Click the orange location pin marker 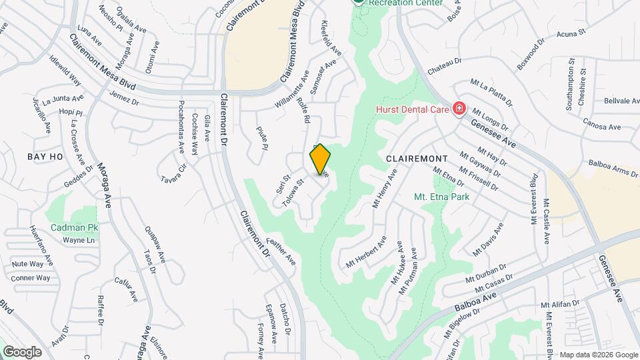(x=320, y=159)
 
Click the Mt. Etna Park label (x=441, y=197)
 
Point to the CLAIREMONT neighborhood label (x=417, y=158)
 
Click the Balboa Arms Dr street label (x=613, y=167)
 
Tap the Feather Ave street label (x=280, y=251)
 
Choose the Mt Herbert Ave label (x=366, y=253)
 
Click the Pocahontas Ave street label (x=181, y=127)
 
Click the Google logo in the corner (x=22, y=351)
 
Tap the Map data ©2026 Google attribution (x=598, y=355)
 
